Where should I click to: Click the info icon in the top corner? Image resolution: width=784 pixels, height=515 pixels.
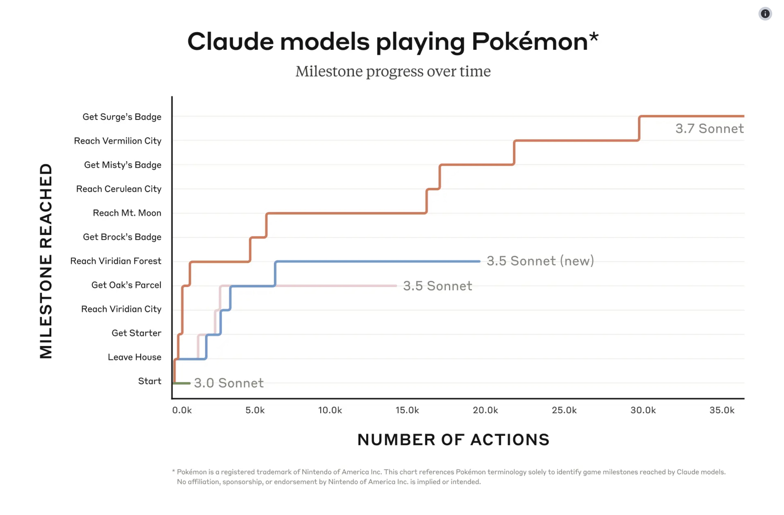point(765,14)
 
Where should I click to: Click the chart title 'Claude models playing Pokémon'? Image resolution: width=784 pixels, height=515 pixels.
point(392,42)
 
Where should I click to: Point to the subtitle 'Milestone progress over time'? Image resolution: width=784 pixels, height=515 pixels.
point(393,72)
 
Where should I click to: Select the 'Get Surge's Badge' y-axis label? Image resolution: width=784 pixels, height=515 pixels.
point(121,117)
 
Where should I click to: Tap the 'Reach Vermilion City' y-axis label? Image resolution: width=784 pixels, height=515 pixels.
point(118,141)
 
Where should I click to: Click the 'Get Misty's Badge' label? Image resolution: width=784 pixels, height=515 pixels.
point(123,165)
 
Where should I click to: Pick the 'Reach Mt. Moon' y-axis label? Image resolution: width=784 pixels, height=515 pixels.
point(127,213)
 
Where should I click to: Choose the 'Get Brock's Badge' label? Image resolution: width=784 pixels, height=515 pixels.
point(122,237)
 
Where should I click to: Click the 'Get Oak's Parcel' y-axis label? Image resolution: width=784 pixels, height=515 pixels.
point(126,285)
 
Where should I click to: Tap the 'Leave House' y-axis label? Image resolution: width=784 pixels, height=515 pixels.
point(135,357)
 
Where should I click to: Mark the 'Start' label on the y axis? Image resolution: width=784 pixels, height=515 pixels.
point(149,381)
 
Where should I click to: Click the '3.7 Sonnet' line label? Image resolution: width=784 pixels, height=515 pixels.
point(709,129)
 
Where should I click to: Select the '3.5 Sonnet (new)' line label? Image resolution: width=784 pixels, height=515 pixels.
point(540,261)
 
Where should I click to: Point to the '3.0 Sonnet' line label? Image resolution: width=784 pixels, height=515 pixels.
point(229,383)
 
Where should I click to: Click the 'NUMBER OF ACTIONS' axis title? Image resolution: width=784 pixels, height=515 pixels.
point(453,440)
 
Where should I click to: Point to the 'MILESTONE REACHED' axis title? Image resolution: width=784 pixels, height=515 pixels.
point(46,261)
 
